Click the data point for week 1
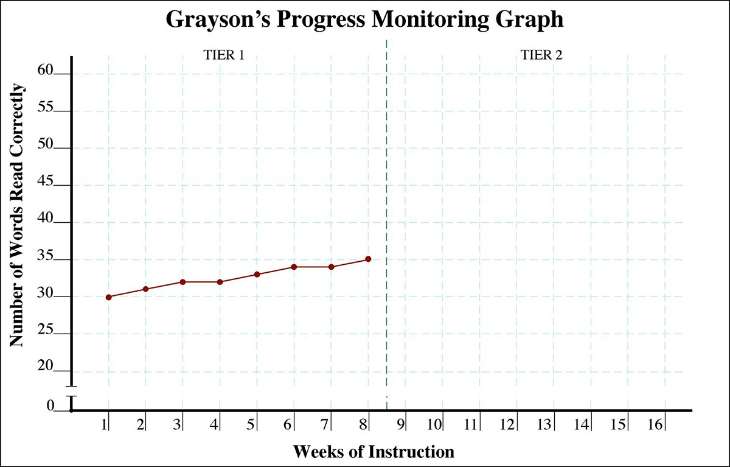pos(108,297)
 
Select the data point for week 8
pos(368,259)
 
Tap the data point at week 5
pos(257,275)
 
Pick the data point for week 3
pos(182,282)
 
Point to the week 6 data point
pos(294,267)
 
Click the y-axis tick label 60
pos(46,71)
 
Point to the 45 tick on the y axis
pos(46,182)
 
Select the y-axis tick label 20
pos(46,368)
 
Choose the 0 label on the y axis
pos(51,406)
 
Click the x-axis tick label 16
pos(655,424)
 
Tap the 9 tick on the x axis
pos(401,424)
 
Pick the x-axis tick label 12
pos(507,424)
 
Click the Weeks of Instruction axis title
pos(374,452)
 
